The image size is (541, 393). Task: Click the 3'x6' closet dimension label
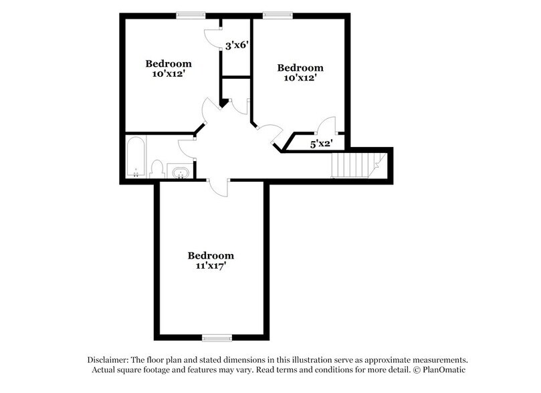click(237, 46)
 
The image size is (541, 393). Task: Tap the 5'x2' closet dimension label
click(321, 142)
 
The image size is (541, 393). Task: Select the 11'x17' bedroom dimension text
click(211, 265)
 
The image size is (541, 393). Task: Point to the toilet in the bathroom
click(158, 168)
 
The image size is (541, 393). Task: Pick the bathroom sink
click(179, 173)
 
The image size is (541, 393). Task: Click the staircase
click(354, 164)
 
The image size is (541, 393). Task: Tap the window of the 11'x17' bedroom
click(217, 337)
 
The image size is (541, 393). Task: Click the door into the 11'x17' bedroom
click(219, 186)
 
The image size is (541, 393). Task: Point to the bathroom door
click(187, 149)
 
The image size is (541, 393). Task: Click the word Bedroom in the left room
click(169, 64)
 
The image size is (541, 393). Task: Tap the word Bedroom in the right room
click(300, 68)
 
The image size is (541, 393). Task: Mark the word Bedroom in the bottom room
click(211, 255)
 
